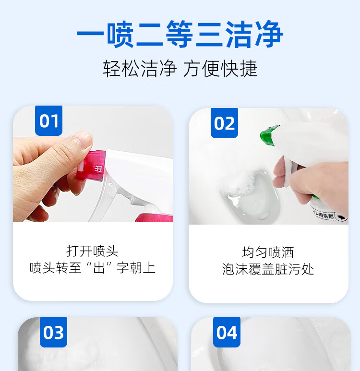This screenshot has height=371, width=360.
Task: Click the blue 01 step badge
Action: click(x=49, y=120)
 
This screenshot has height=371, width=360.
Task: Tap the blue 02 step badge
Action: click(x=224, y=123)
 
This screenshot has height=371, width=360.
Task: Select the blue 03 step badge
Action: click(x=53, y=332)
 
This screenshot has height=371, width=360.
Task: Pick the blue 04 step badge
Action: click(x=227, y=332)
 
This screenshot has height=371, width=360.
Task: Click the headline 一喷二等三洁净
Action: click(x=180, y=35)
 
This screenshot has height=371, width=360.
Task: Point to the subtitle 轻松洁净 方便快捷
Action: click(x=180, y=68)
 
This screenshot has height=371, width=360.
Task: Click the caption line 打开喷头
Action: click(x=92, y=251)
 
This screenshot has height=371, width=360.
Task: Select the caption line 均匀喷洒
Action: click(x=268, y=252)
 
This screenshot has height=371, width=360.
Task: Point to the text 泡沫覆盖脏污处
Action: click(x=268, y=269)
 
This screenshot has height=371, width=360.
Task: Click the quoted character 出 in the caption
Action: click(x=99, y=268)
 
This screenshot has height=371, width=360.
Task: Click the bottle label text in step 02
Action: click(x=324, y=215)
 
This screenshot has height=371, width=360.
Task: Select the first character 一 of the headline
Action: click(x=90, y=35)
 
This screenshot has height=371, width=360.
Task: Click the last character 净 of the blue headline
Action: click(x=269, y=35)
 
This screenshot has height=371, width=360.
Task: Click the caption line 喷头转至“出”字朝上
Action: click(x=93, y=268)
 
